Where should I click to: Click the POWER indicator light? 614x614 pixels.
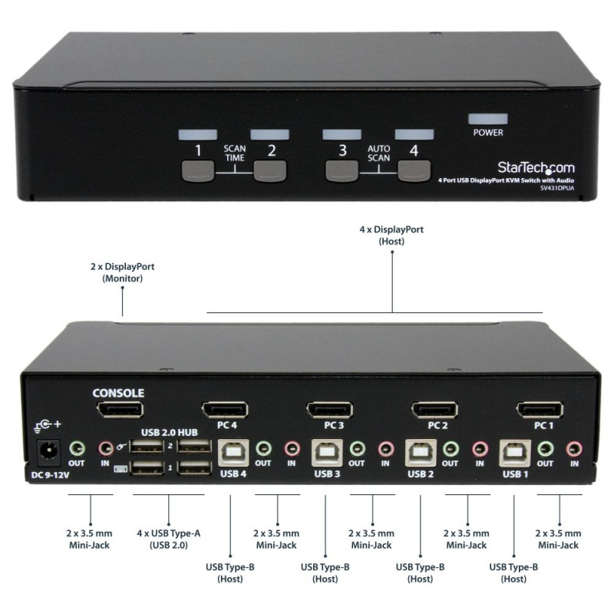pos(488,119)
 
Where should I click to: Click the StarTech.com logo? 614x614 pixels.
pos(536,168)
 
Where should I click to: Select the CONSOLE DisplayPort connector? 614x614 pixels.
pos(118,409)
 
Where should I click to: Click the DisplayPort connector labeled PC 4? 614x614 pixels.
pos(224,411)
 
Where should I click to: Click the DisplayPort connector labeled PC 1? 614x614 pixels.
pos(540,411)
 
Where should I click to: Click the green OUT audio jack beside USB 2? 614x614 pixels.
pos(451,448)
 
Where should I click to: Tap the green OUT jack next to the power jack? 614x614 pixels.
pos(75,448)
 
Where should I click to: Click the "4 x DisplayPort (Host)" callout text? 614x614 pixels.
pos(391,235)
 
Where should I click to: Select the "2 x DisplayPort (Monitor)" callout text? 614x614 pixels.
pos(122,272)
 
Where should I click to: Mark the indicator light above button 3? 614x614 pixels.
pos(342,134)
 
